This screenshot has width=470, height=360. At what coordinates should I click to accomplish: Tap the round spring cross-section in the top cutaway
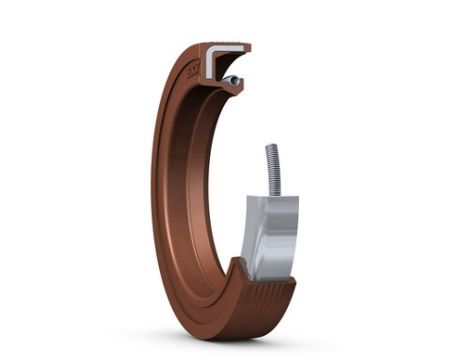pos(232,80)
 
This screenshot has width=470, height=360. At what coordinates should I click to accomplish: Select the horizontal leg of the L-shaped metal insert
pos(228,46)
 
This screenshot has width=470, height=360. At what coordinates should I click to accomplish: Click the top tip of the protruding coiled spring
pos(271,147)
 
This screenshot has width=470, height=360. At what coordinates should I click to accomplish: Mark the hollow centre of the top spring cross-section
pos(232,80)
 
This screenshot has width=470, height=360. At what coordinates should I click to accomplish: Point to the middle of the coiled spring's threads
pos(272,170)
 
